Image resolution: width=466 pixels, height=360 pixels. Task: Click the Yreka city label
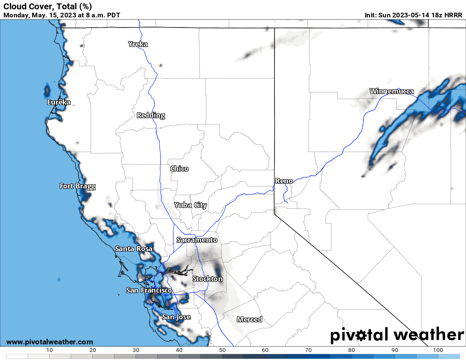click(138, 44)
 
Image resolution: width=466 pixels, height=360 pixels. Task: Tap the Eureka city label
click(59, 102)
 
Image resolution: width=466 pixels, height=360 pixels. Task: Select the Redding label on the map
click(151, 115)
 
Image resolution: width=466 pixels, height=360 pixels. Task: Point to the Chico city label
click(179, 169)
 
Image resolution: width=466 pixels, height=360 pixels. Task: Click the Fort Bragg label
click(78, 186)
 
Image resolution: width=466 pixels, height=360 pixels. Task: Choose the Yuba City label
click(191, 205)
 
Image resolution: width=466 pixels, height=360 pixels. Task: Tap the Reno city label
click(284, 181)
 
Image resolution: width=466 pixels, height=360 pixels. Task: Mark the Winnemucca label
click(392, 91)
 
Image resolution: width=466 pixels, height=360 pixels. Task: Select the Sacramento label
click(197, 240)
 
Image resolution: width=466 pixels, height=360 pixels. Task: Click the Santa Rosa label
click(134, 249)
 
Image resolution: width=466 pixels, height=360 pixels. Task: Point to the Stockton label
click(208, 279)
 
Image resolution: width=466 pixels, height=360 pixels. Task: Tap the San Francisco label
click(149, 290)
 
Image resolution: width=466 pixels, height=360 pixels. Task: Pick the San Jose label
click(176, 317)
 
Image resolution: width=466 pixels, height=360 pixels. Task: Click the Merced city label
click(250, 319)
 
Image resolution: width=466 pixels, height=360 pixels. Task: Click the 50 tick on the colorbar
click(222, 350)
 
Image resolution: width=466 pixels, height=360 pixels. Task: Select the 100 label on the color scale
click(438, 350)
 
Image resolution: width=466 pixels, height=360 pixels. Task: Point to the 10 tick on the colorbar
click(50, 350)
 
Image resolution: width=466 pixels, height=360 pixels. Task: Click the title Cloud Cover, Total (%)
click(47, 6)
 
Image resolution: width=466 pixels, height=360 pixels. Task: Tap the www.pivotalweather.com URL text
click(50, 342)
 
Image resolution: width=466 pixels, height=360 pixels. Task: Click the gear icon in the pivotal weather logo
click(361, 335)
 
